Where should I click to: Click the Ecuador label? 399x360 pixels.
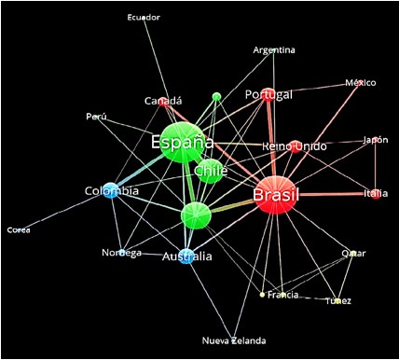[x=144, y=17]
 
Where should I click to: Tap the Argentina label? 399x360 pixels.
[x=274, y=49]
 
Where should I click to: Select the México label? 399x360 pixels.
[x=360, y=83]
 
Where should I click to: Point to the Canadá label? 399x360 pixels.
[x=163, y=101]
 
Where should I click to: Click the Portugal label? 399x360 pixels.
[x=268, y=95]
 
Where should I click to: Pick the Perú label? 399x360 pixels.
[x=96, y=117]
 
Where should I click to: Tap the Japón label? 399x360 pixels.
[x=376, y=140]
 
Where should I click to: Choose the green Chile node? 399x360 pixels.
[x=209, y=171]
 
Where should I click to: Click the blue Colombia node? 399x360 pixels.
[x=111, y=190]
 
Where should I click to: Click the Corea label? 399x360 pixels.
[x=18, y=229]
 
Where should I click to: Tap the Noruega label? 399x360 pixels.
[x=121, y=253]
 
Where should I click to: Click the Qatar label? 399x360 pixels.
[x=353, y=253]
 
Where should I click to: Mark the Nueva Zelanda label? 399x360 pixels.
[x=234, y=340]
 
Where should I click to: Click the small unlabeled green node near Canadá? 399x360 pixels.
[x=216, y=96]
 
